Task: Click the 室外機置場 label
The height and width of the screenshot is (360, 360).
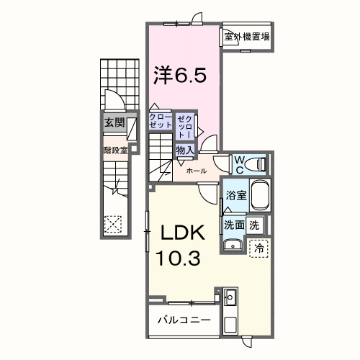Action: [x=246, y=37]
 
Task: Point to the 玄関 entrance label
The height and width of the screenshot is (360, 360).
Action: [x=114, y=122]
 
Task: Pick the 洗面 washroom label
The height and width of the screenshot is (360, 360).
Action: [x=233, y=224]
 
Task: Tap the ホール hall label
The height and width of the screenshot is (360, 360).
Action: [x=197, y=171]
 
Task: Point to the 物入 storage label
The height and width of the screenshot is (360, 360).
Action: [x=184, y=150]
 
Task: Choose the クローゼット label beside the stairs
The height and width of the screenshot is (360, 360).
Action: [x=159, y=120]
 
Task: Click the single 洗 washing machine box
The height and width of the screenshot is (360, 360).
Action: [x=254, y=224]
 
